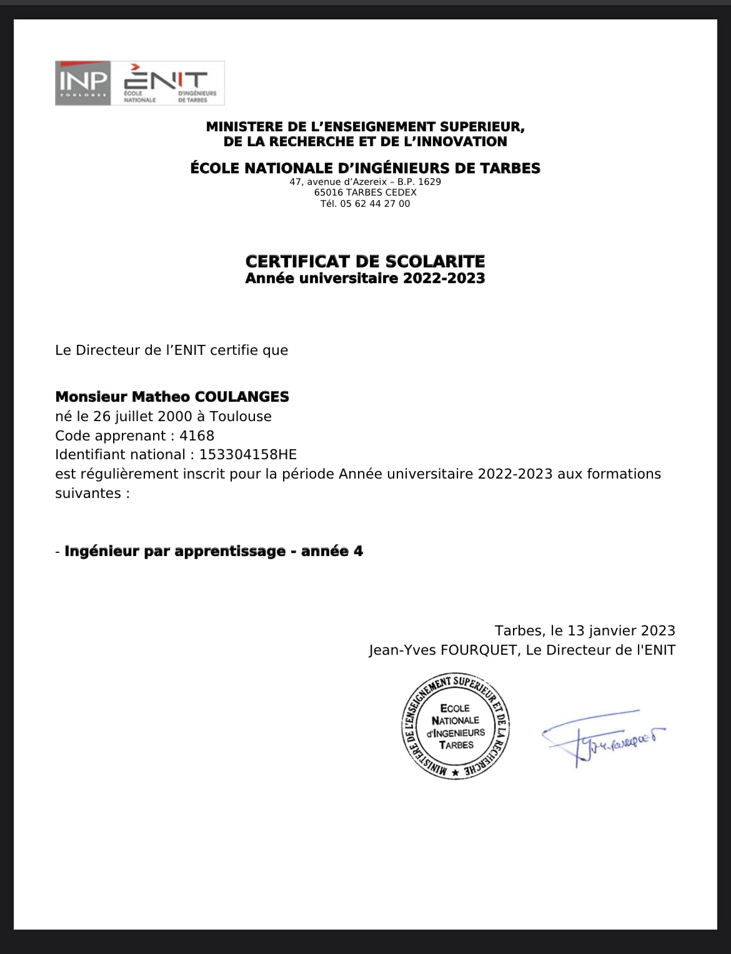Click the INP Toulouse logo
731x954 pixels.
83,82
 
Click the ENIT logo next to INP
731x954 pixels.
167,82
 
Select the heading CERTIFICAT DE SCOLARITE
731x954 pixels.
365,261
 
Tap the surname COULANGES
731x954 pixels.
242,397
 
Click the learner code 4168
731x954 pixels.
197,435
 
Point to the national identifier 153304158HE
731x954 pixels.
248,455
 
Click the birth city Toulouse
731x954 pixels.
241,416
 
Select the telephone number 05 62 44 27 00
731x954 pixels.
375,204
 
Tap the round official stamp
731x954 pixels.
455,727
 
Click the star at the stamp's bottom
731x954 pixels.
455,773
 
